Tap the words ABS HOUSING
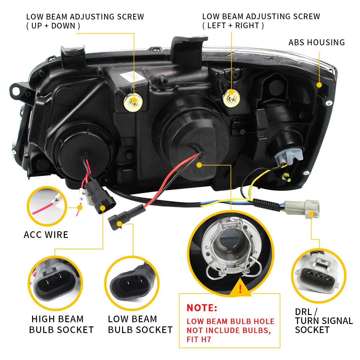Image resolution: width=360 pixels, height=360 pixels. point(316,42)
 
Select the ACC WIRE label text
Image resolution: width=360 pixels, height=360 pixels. point(46,234)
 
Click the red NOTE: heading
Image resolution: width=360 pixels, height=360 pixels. point(202,308)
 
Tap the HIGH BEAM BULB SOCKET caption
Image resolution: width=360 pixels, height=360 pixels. point(61,324)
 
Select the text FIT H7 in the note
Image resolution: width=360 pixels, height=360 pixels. point(199,340)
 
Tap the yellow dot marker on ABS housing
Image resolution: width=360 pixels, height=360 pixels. point(319,85)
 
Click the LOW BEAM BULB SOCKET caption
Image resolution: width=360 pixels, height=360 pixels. point(140,324)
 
